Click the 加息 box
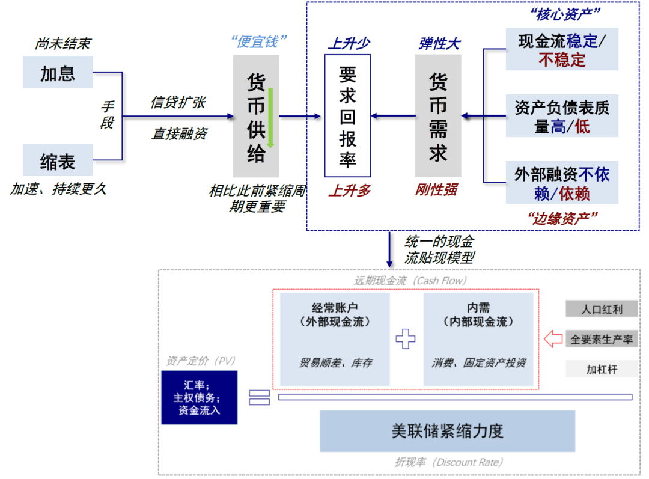tap(58, 72)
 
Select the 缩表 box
tap(58, 160)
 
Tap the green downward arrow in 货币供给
tap(271, 118)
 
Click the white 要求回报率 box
tap(347, 115)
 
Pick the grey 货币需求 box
tap(438, 115)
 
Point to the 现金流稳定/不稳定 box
tap(561, 49)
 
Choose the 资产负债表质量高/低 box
tap(561, 116)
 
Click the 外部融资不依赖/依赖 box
tap(561, 183)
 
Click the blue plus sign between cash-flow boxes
tap(406, 338)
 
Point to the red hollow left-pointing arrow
tap(553, 339)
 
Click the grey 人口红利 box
tap(601, 310)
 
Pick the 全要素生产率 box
tap(601, 339)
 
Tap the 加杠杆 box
tap(601, 368)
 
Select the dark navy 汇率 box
tap(199, 397)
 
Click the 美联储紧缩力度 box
tap(447, 431)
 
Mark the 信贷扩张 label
tap(178, 102)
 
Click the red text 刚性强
tap(437, 190)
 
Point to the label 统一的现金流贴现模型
tap(439, 249)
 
